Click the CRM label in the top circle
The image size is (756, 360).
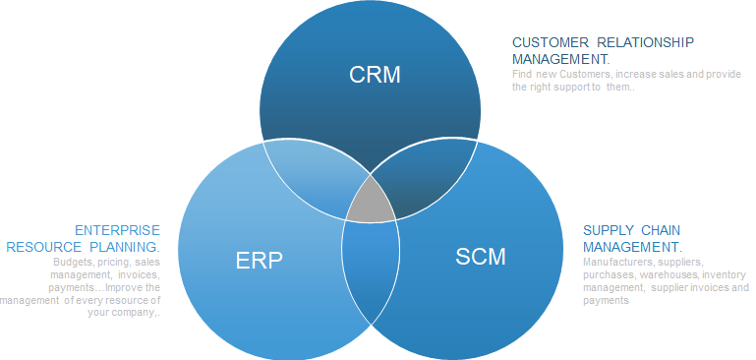click(x=375, y=75)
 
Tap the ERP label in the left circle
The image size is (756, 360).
click(x=260, y=260)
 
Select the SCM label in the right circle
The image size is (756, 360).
click(x=481, y=258)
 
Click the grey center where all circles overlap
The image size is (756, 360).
click(x=371, y=201)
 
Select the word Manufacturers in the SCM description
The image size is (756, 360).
click(x=616, y=263)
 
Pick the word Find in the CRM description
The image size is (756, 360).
click(x=523, y=74)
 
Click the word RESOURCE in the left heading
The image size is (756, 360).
click(x=42, y=246)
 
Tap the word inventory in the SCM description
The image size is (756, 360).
click(x=727, y=275)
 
